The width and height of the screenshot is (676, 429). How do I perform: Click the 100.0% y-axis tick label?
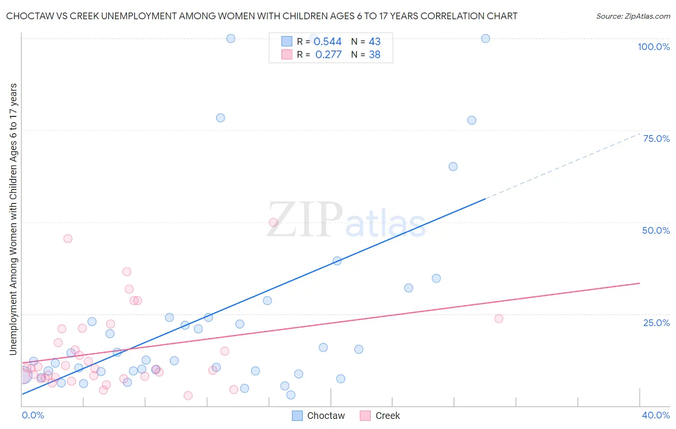pos(653,47)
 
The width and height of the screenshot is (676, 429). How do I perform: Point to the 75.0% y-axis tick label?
pos(656,139)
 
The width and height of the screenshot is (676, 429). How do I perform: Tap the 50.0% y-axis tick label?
pos(656,230)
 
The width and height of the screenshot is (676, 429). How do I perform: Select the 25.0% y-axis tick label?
pos(656,323)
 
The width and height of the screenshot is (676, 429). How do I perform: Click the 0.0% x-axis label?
pos(33,415)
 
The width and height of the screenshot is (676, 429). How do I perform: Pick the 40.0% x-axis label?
pos(655,415)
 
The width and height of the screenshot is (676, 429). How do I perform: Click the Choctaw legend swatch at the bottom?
pos(298,416)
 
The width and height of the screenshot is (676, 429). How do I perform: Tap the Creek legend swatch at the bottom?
pos(365,416)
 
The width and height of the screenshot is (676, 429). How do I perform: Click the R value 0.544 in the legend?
pos(327,42)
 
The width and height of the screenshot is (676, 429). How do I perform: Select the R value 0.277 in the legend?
pos(328,55)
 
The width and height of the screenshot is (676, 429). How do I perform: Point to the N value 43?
pos(375,42)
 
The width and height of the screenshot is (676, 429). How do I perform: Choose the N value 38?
pos(375,55)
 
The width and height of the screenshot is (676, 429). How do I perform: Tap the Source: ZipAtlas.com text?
pos(633,16)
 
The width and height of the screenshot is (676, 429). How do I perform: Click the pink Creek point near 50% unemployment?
pos(273,222)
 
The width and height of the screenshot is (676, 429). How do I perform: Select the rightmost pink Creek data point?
pos(499,318)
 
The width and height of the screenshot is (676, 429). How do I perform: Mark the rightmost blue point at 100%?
pos(486,38)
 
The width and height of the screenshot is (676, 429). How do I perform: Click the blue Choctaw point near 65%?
pos(453,166)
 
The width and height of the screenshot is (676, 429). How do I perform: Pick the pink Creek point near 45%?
pos(68,239)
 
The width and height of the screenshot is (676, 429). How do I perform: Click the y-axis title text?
pos(13,219)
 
